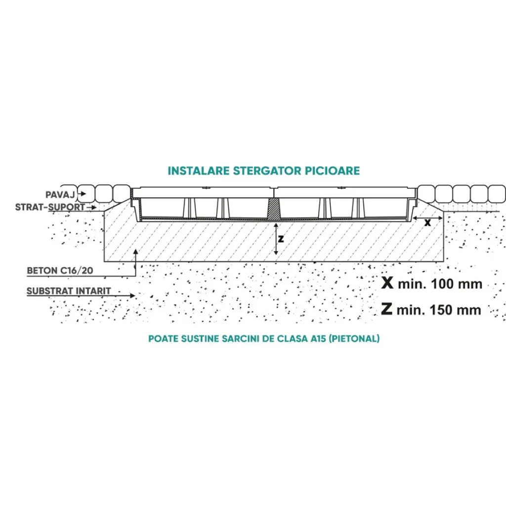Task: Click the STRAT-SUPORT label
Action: [50, 207]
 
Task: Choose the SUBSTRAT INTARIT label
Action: [69, 291]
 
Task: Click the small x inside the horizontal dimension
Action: [428, 223]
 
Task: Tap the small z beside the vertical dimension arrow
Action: [281, 238]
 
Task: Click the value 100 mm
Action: [455, 284]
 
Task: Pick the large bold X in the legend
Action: [388, 283]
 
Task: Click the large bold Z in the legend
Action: [387, 309]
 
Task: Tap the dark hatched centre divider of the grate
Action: [273, 210]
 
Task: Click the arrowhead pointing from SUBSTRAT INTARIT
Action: [133, 296]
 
